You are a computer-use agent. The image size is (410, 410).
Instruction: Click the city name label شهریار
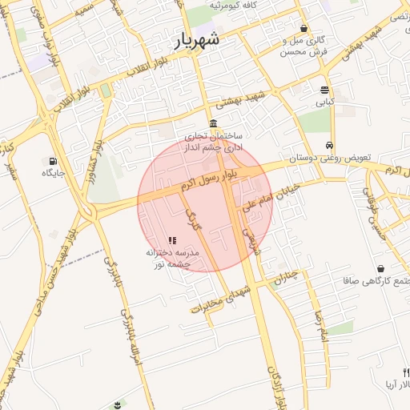[199, 38]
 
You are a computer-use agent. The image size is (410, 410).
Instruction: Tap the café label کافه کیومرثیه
[239, 6]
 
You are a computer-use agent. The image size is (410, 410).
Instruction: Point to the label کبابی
[324, 102]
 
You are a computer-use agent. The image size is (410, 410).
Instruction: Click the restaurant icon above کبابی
[324, 90]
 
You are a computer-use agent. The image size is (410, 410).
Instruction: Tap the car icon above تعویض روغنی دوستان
[330, 145]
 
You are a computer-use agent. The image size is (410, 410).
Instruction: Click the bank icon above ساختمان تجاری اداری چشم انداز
[212, 123]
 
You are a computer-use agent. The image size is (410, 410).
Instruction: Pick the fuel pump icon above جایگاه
[53, 160]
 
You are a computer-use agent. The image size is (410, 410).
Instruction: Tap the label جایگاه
[53, 172]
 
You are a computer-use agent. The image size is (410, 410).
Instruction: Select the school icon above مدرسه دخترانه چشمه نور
[172, 239]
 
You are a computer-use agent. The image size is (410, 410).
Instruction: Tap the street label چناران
[286, 276]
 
